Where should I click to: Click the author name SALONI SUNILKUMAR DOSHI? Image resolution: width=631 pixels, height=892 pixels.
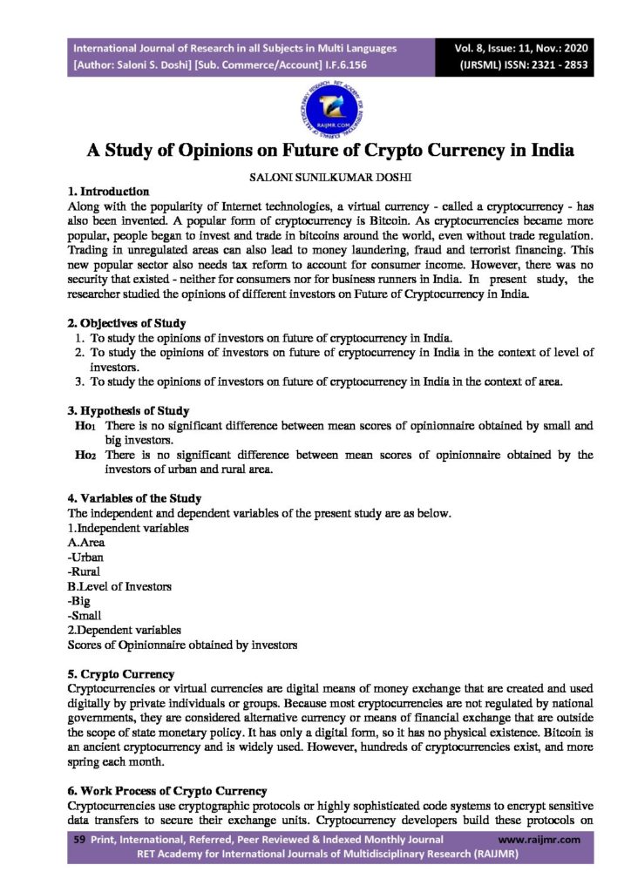point(315,176)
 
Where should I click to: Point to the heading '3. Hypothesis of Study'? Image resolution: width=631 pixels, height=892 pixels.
point(128,410)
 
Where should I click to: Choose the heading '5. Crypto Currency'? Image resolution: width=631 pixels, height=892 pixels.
point(121,673)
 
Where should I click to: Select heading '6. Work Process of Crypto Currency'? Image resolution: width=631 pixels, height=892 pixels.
point(167,791)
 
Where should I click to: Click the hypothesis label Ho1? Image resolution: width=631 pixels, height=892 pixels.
point(87,426)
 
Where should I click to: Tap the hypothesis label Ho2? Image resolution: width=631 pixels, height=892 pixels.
point(88,455)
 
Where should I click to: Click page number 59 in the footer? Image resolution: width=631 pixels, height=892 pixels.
point(76,840)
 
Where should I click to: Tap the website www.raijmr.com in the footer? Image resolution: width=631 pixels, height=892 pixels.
point(539,840)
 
